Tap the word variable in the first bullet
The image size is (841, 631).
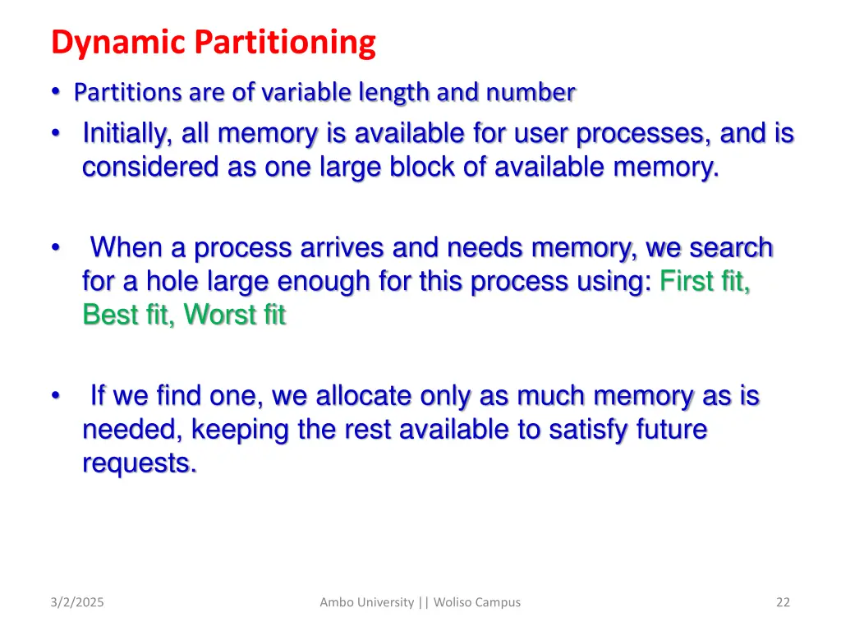(x=304, y=94)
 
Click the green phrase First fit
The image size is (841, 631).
(x=704, y=281)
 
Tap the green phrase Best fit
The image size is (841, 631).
(x=128, y=315)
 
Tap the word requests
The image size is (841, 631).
(x=139, y=463)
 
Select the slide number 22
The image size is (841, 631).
(x=783, y=602)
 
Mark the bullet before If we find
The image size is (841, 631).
(x=55, y=397)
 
